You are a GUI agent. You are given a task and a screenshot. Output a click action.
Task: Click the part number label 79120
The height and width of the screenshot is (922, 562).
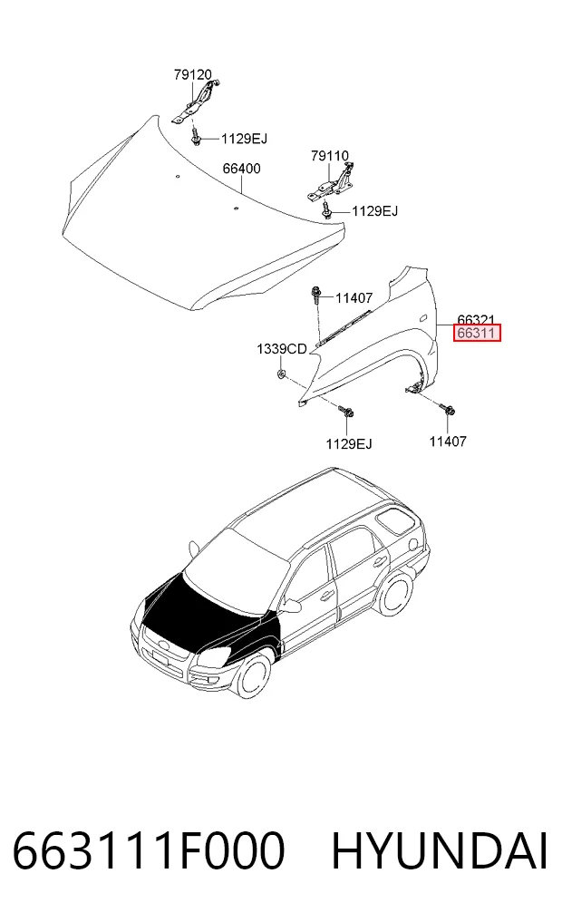[192, 74]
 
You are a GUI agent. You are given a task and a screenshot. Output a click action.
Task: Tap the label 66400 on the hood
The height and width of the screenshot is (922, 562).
[241, 169]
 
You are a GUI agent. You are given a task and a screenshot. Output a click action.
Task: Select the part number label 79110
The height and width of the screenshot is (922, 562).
[330, 156]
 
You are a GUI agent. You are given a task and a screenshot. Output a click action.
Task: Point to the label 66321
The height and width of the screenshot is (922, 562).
[476, 319]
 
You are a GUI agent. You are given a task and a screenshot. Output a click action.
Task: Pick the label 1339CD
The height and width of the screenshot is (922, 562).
[282, 349]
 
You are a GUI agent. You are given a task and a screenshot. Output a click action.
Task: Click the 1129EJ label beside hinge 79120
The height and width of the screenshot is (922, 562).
[244, 139]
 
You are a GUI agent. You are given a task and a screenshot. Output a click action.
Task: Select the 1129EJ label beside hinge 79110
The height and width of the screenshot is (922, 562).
[375, 211]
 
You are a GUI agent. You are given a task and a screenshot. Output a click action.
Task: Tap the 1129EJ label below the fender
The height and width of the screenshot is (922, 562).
[349, 444]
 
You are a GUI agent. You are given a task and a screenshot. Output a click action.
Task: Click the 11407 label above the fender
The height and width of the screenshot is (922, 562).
[354, 298]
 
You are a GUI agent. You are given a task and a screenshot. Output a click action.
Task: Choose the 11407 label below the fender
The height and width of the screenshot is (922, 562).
[448, 441]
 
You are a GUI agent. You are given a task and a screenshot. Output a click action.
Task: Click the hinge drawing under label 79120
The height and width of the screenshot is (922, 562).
[197, 103]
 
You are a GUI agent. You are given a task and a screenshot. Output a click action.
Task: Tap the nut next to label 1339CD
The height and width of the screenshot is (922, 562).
[281, 374]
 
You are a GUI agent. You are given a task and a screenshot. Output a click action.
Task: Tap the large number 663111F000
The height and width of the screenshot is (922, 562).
[149, 851]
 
